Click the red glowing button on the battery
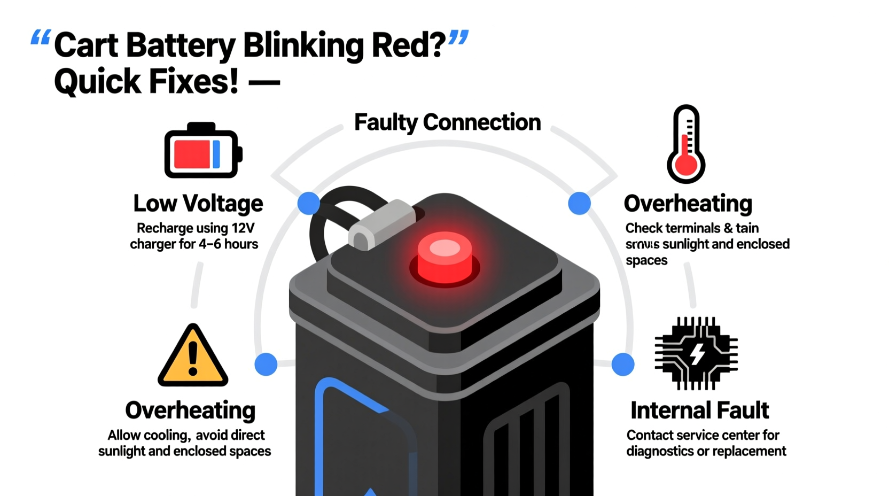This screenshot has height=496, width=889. (x=444, y=259)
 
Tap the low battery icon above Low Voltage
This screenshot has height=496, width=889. (x=202, y=151)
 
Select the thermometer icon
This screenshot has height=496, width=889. (x=686, y=144)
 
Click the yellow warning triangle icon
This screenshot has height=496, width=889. (x=193, y=357)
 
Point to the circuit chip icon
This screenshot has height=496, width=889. (x=696, y=353)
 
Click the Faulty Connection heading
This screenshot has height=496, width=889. (x=447, y=122)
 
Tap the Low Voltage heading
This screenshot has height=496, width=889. (x=198, y=203)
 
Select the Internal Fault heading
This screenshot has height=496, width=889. (x=699, y=410)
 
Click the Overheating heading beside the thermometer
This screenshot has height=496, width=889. (x=688, y=204)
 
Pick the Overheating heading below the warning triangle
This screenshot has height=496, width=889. (x=190, y=410)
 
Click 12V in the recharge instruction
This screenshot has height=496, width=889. (x=243, y=228)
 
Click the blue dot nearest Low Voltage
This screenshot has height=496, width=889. (x=308, y=203)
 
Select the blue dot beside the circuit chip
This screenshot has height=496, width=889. (x=622, y=365)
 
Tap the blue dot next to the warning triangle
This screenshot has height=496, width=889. (x=266, y=364)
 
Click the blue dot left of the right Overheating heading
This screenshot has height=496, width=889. (x=579, y=203)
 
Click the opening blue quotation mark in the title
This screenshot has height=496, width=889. (x=40, y=38)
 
